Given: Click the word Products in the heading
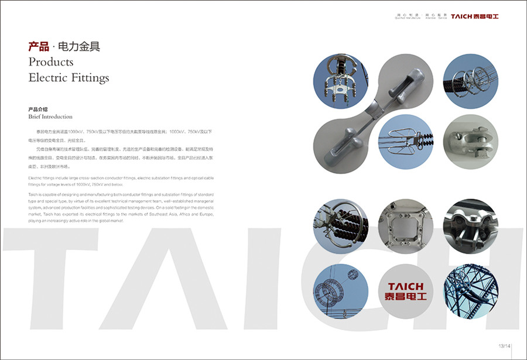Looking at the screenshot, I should (x=51, y=62).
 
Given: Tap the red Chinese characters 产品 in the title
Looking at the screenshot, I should (x=37, y=47).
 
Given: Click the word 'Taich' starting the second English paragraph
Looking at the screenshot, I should (x=34, y=193).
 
